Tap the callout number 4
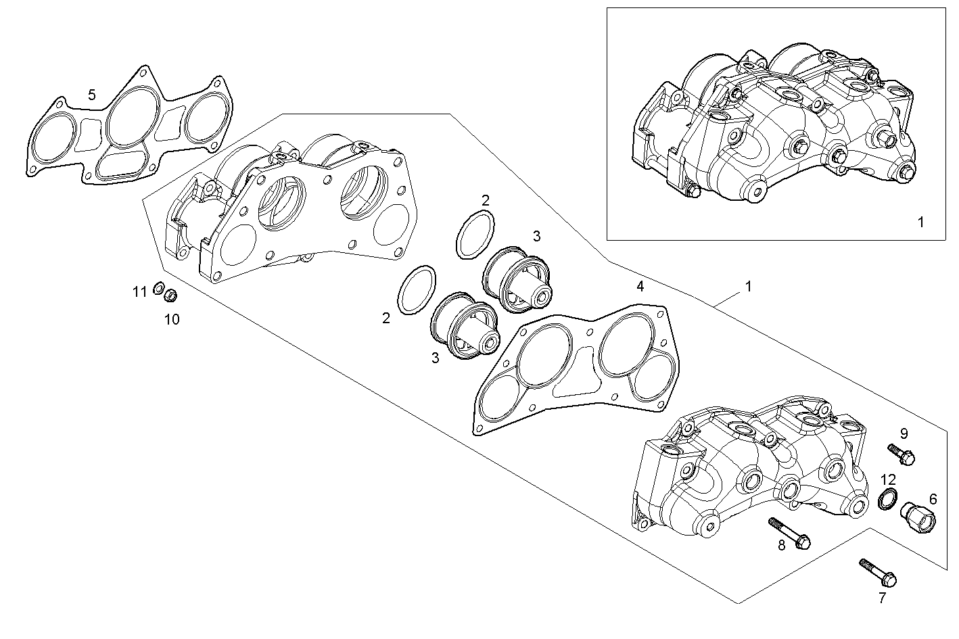640,287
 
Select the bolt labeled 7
878,573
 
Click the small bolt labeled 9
902,453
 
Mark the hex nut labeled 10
171,295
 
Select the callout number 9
904,433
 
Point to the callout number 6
933,499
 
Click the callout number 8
781,545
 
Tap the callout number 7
882,598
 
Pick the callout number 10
172,319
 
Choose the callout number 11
139,292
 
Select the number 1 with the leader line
748,286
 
